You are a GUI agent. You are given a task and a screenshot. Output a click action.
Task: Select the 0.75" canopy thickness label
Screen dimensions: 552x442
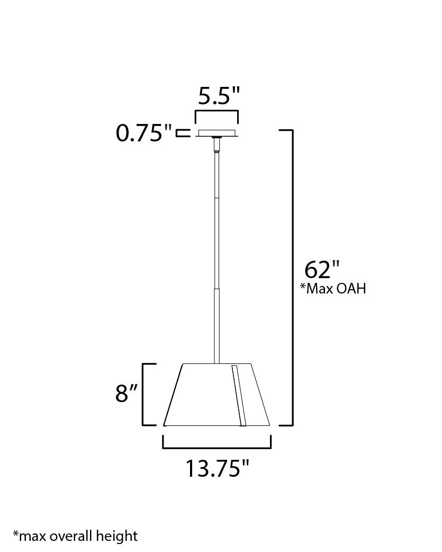click(145, 133)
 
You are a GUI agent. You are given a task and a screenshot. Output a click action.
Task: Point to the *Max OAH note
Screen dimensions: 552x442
click(332, 289)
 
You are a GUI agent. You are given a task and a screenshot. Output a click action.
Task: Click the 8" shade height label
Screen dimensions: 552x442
click(127, 394)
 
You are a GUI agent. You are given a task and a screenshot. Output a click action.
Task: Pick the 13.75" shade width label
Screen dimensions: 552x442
click(217, 468)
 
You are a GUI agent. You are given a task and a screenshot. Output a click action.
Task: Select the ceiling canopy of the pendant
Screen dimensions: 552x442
click(217, 133)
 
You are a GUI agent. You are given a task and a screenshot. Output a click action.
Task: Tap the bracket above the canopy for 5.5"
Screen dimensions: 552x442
click(217, 112)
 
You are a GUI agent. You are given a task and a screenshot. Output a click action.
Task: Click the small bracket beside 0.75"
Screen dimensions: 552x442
click(183, 132)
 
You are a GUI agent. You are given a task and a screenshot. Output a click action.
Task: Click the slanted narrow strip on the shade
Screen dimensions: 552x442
click(239, 395)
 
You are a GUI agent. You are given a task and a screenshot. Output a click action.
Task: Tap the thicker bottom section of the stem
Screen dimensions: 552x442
click(217, 326)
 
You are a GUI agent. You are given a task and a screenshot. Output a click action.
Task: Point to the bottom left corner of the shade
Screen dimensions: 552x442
click(165, 425)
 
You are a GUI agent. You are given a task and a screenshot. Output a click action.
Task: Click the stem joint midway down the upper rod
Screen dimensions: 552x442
click(217, 198)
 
